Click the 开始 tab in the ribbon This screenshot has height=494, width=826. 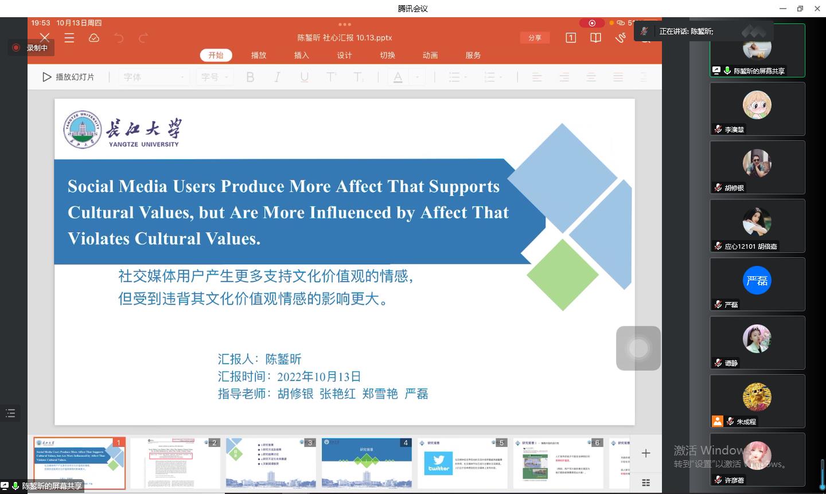[216, 55]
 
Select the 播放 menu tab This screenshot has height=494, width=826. [259, 55]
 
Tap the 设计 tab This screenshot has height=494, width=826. [344, 55]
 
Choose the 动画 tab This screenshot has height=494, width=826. [430, 55]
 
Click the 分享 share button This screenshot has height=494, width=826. [535, 37]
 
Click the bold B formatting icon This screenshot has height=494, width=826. [250, 77]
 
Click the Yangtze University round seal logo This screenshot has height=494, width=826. [82, 130]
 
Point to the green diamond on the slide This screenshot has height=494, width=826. [562, 275]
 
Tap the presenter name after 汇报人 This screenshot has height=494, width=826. [283, 359]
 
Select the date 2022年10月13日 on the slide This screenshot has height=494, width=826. [319, 377]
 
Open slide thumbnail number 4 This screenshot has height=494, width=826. [367, 463]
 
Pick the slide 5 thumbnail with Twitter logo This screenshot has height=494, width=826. [462, 463]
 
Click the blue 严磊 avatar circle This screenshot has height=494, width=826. [757, 280]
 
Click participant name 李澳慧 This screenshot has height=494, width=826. [734, 130]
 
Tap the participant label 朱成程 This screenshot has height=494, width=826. [746, 422]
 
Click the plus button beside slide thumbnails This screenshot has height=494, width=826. [646, 453]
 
